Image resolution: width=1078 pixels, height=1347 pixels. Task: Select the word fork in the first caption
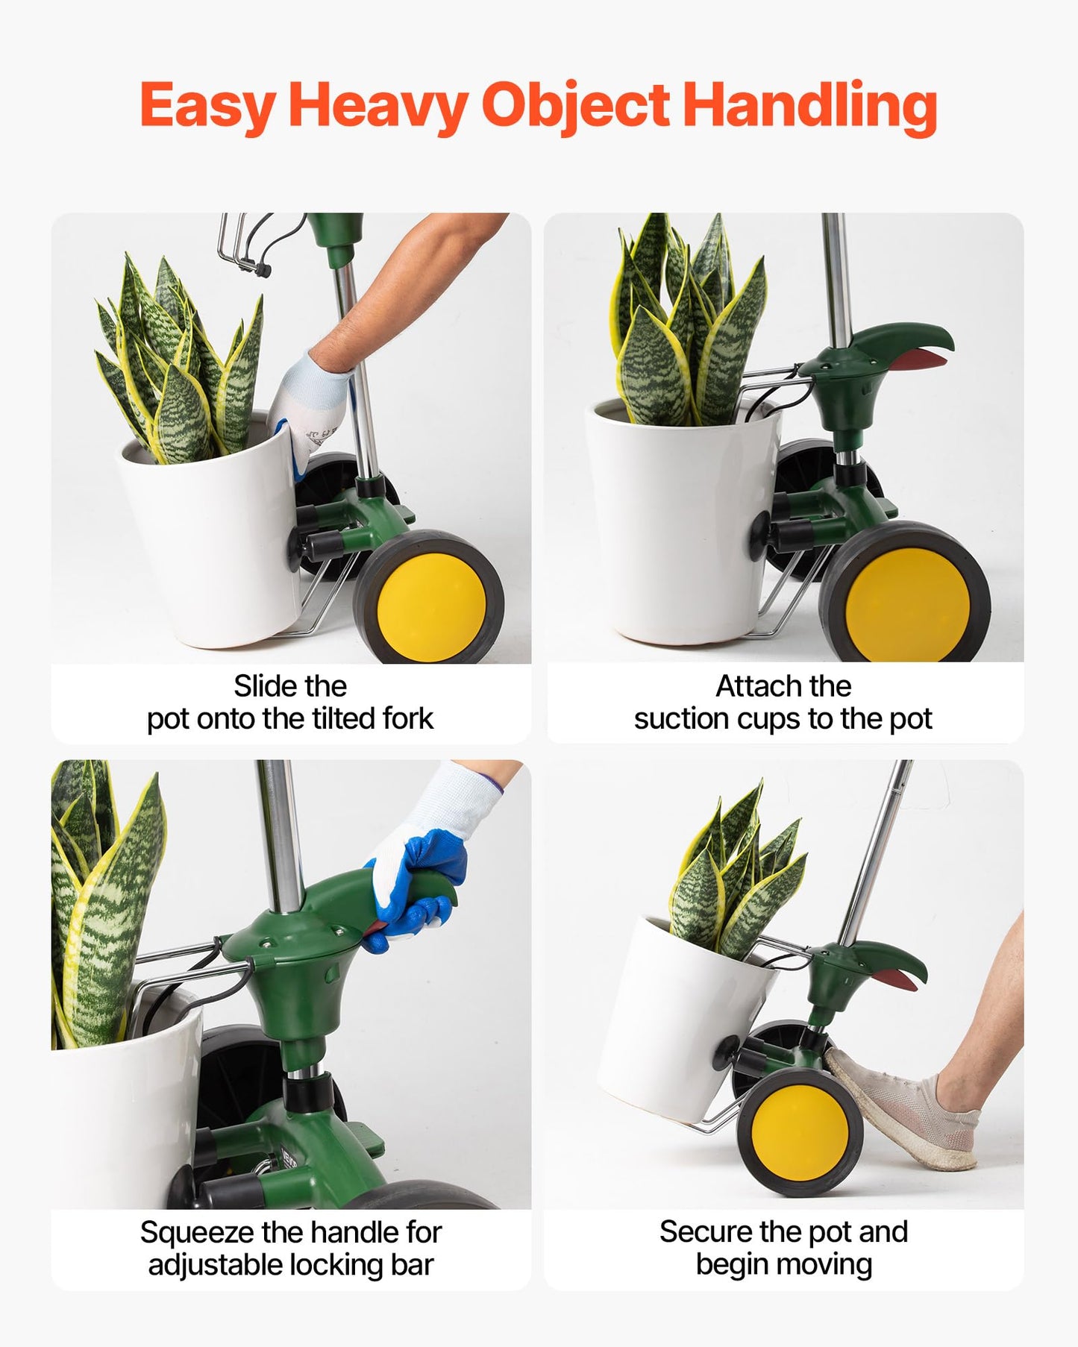coord(407,719)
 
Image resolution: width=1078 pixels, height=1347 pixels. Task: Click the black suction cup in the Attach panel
coord(759,531)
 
